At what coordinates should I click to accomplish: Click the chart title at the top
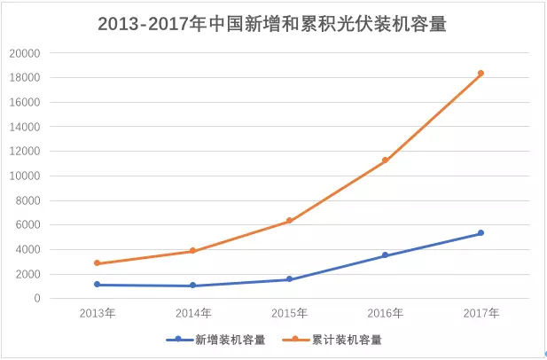tap(273, 24)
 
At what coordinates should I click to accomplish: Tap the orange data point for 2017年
tap(481, 74)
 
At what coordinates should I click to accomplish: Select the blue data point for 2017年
tap(481, 233)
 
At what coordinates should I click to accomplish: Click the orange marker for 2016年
tap(385, 160)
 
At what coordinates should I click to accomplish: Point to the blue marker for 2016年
tap(385, 255)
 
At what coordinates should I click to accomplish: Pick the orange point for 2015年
tap(289, 221)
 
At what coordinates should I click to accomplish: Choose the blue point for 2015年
tap(289, 279)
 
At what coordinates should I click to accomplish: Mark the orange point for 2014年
tap(193, 251)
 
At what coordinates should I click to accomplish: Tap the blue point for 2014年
tap(193, 286)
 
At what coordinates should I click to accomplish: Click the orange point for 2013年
tap(97, 263)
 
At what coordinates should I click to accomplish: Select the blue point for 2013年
tap(97, 285)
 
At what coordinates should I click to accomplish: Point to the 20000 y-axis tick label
tap(25, 53)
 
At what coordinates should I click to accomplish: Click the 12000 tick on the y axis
tap(25, 152)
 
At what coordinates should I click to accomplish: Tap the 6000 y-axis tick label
tap(28, 225)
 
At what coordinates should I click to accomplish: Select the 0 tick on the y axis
tap(37, 299)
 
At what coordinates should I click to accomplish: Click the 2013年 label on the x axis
tap(97, 313)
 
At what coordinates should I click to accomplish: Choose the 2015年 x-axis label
tap(289, 313)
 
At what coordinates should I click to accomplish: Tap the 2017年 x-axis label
tap(481, 313)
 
